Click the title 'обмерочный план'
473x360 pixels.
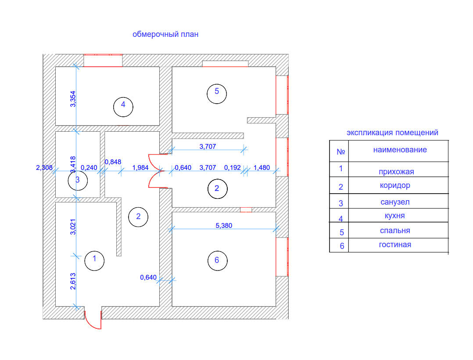tap(165, 34)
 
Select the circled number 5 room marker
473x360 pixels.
tap(216, 92)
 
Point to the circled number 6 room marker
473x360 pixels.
tap(216, 260)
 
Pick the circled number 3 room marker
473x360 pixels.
tap(78, 180)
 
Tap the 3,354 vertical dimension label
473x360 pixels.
tap(73, 99)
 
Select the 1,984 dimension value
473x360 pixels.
tap(140, 167)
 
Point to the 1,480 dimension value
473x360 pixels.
tap(262, 167)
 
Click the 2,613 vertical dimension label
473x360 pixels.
tap(73, 281)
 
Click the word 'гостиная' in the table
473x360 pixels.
tap(395, 245)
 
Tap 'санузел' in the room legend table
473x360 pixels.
tap(395, 202)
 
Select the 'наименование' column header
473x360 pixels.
tap(400, 150)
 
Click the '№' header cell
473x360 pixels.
tap(340, 152)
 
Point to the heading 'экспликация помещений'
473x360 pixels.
tap(392, 133)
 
